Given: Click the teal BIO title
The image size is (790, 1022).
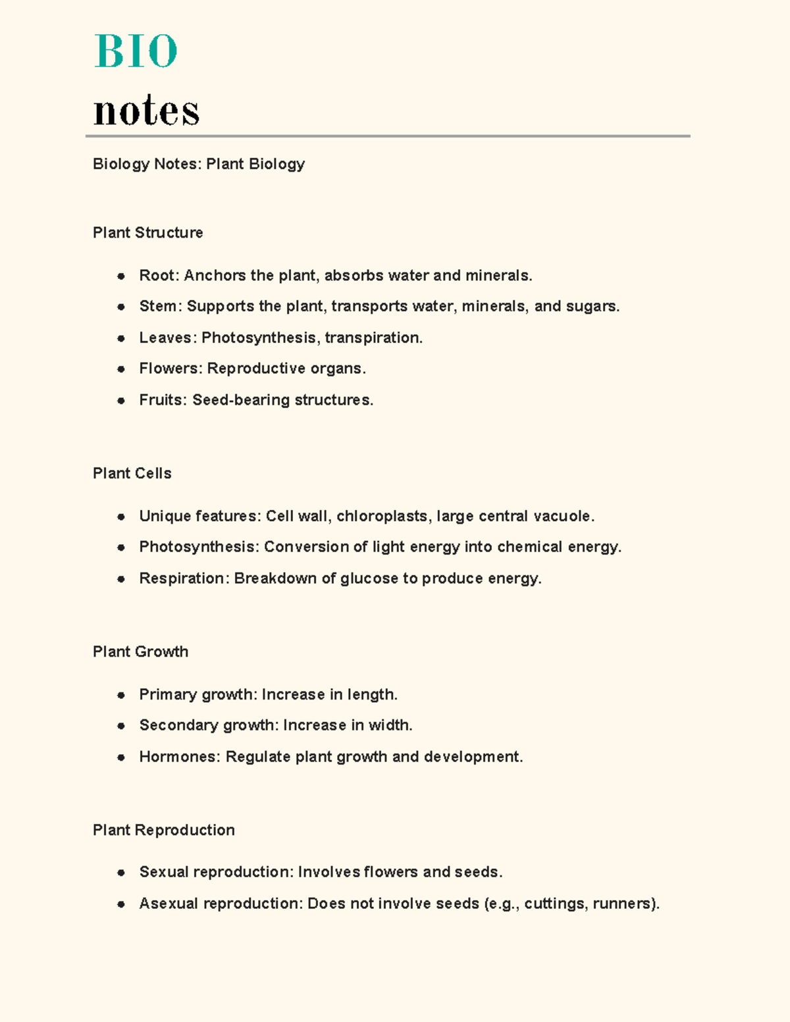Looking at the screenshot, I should pyautogui.click(x=136, y=51).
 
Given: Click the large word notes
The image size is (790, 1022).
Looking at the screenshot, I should pyautogui.click(x=146, y=110).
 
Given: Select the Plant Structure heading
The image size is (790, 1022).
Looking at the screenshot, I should pyautogui.click(x=147, y=233).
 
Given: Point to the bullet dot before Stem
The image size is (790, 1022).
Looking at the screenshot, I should pyautogui.click(x=121, y=307).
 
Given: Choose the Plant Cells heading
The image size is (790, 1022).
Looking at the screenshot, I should pyautogui.click(x=132, y=474).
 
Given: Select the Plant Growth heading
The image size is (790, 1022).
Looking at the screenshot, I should pyautogui.click(x=140, y=652).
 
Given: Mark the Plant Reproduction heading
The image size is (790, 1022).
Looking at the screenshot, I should pyautogui.click(x=163, y=830).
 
